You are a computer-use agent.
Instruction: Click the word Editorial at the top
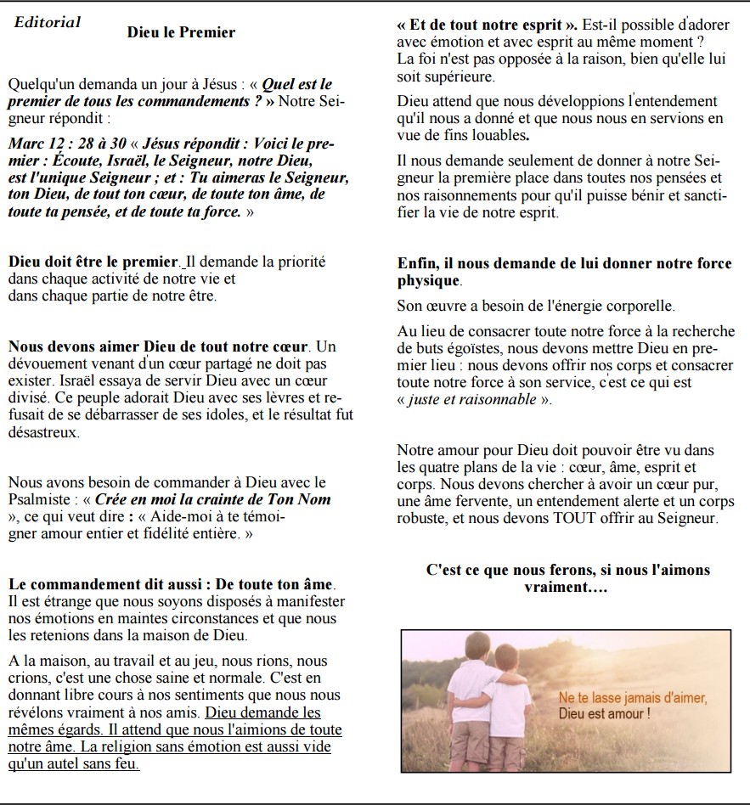[x=48, y=22]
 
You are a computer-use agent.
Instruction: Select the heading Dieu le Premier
[x=181, y=32]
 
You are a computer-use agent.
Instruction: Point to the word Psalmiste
[x=38, y=498]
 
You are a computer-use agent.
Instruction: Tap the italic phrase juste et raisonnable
[x=471, y=399]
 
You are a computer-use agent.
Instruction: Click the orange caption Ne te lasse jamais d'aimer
[x=632, y=698]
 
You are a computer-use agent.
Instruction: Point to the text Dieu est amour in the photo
[x=603, y=713]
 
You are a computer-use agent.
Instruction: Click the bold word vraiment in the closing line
[x=555, y=587]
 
